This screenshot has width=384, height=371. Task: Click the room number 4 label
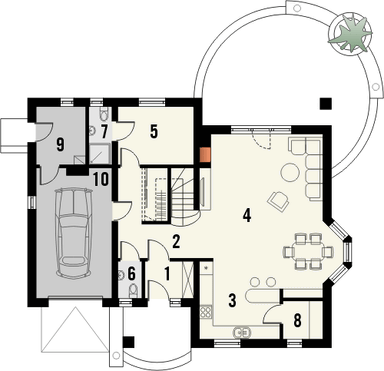point(245,213)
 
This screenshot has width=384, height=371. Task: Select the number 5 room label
point(155,130)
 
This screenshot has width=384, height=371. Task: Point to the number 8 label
point(297,321)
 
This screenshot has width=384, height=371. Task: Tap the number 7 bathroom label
point(104,132)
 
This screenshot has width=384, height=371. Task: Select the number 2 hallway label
point(174,240)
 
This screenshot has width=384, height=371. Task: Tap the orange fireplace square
point(204,155)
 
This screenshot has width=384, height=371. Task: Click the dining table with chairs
point(308,249)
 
